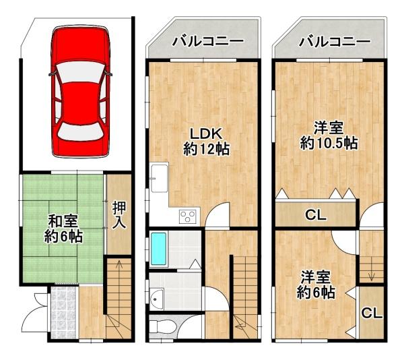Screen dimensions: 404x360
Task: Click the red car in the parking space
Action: pos(80,91)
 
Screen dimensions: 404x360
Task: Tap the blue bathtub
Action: pos(158,249)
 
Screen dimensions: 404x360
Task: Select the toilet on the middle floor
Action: pos(162,327)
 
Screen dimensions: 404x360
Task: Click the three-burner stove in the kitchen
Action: pos(188,216)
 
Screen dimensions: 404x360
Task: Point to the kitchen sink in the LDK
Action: pos(160,178)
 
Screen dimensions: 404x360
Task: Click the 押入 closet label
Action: pos(119,215)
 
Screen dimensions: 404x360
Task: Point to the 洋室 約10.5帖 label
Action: pos(329,136)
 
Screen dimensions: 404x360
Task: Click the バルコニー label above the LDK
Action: pos(208,42)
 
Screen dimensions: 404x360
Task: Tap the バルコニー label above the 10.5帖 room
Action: pos(335,42)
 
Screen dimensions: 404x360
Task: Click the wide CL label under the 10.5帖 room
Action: pos(316,214)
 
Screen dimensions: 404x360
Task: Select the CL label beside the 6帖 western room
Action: pos(372,313)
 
